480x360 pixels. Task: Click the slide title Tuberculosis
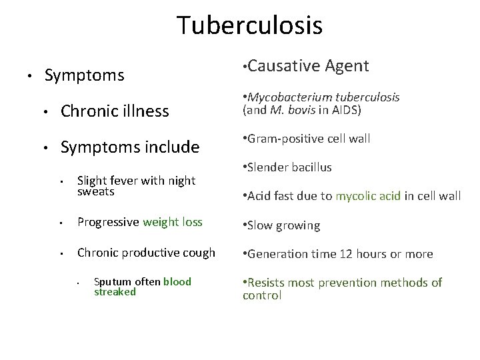(x=249, y=26)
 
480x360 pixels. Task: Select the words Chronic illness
(x=115, y=111)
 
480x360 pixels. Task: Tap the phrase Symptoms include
(x=130, y=147)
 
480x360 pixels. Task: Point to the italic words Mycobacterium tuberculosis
(x=324, y=97)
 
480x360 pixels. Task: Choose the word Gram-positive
(x=282, y=139)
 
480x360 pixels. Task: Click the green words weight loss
(x=172, y=222)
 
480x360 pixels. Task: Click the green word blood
(x=177, y=281)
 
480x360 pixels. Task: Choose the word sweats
(x=96, y=191)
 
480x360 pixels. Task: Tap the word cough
(x=199, y=252)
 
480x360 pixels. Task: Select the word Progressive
(x=108, y=222)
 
